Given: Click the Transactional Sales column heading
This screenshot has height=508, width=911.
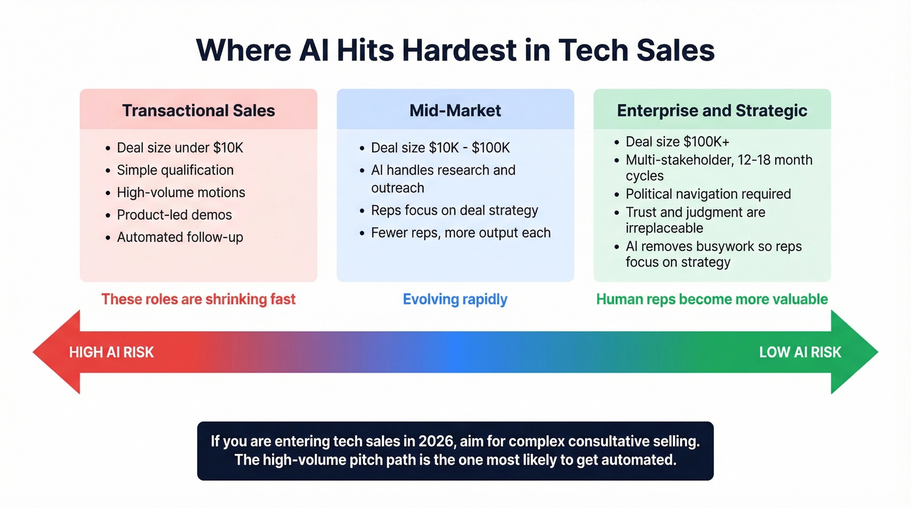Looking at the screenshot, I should pyautogui.click(x=198, y=111).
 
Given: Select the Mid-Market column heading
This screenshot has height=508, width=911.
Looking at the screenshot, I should pyautogui.click(x=455, y=111).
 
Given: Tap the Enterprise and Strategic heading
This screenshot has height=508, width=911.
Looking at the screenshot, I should pyautogui.click(x=712, y=111).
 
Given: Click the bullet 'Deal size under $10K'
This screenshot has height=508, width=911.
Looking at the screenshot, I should pyautogui.click(x=180, y=148).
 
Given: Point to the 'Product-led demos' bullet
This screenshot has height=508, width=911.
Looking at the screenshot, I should pyautogui.click(x=174, y=215).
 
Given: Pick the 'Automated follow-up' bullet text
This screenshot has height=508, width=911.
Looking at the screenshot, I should pyautogui.click(x=180, y=237).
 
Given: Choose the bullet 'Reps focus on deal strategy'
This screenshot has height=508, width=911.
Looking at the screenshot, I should pyautogui.click(x=454, y=210).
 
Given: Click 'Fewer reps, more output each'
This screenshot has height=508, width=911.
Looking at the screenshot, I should pyautogui.click(x=461, y=232).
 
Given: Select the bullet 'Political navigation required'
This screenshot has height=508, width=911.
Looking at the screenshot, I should pyautogui.click(x=708, y=194).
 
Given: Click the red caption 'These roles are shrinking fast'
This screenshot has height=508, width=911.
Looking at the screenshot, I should pyautogui.click(x=198, y=299).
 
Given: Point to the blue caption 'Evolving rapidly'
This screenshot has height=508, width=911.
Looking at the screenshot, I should pyautogui.click(x=455, y=299).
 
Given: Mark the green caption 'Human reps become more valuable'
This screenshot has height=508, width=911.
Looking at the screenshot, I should pyautogui.click(x=712, y=299).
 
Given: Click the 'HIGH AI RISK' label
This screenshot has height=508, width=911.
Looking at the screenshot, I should pyautogui.click(x=111, y=353).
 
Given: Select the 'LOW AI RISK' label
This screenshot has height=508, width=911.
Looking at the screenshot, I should pyautogui.click(x=800, y=353).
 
